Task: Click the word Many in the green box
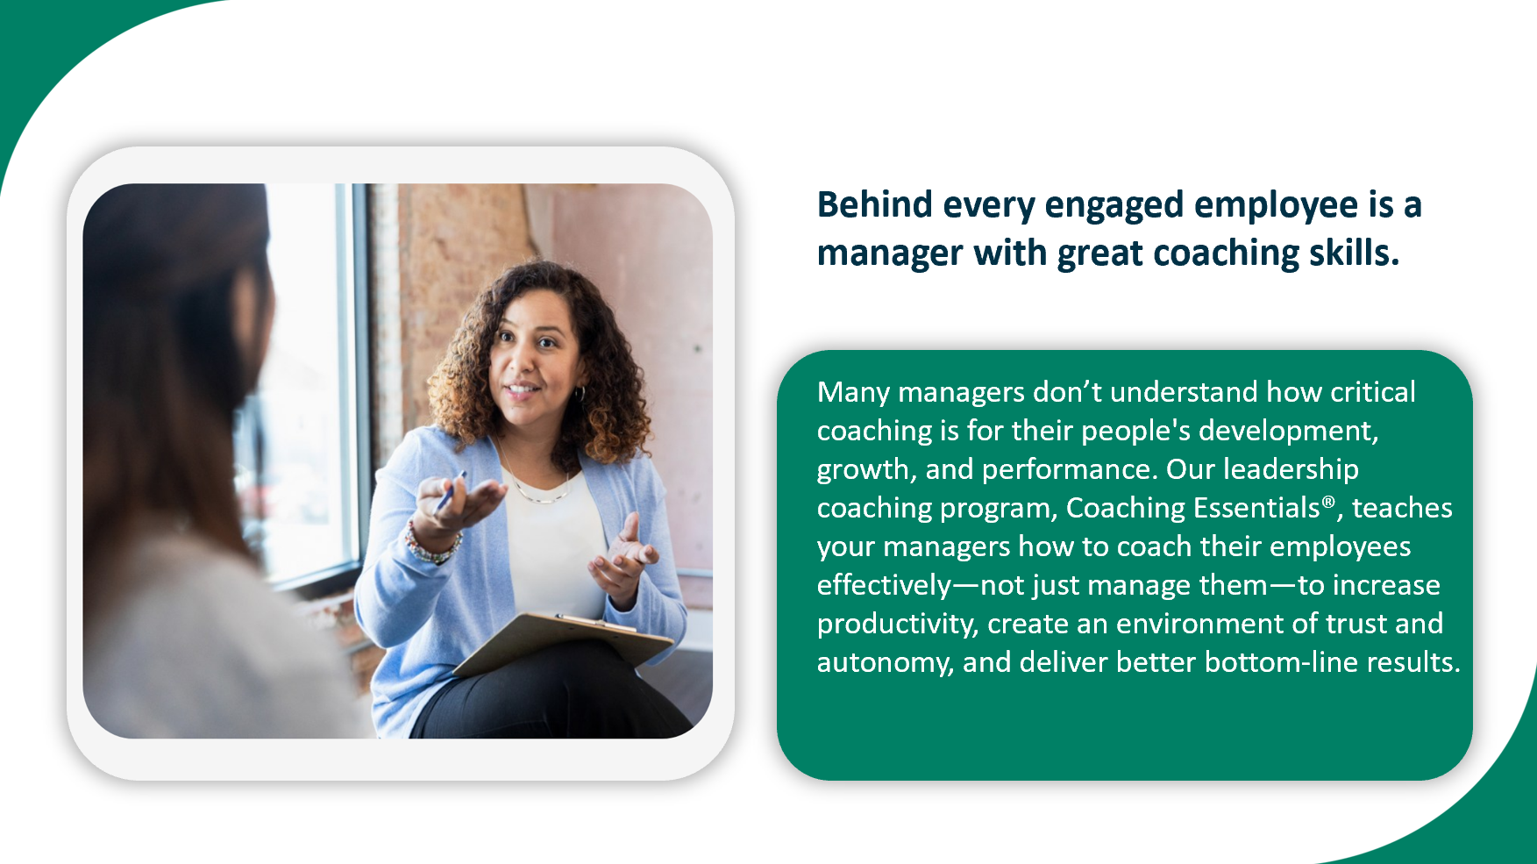(x=853, y=393)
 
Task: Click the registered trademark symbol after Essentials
(x=1328, y=503)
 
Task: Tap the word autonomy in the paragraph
(x=884, y=663)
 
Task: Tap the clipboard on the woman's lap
(x=564, y=643)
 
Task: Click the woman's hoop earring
(x=580, y=395)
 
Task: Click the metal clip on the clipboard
(x=595, y=623)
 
